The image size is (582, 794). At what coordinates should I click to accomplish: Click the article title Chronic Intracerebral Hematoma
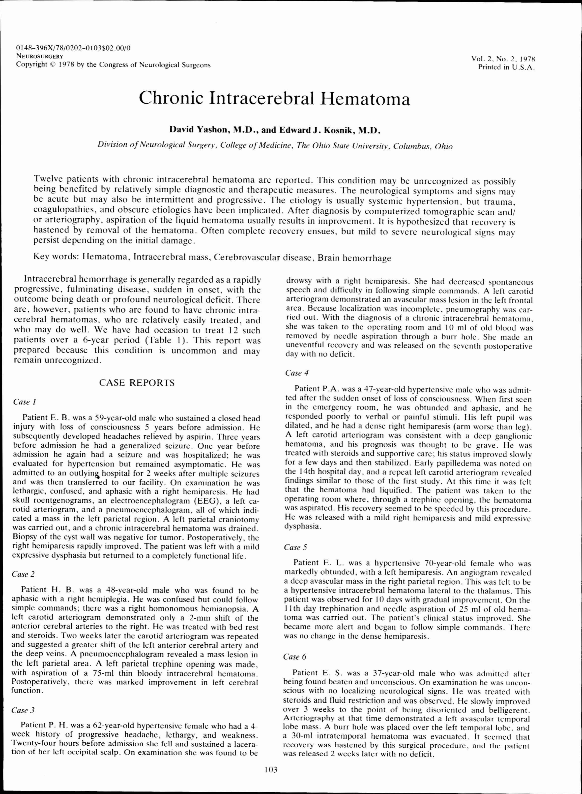(274, 98)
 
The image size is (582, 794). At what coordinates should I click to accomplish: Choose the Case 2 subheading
(23, 574)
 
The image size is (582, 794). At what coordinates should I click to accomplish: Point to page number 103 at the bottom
(271, 769)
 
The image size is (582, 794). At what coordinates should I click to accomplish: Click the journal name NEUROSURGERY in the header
(40, 56)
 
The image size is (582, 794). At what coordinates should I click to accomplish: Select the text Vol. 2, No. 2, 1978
(503, 59)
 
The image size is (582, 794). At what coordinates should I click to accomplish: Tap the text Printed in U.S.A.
(506, 67)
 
